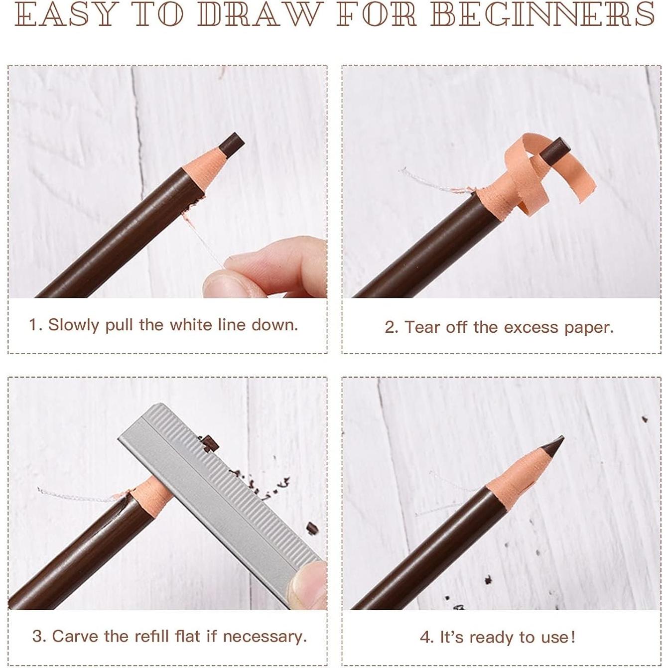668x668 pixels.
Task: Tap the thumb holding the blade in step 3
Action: point(308,585)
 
